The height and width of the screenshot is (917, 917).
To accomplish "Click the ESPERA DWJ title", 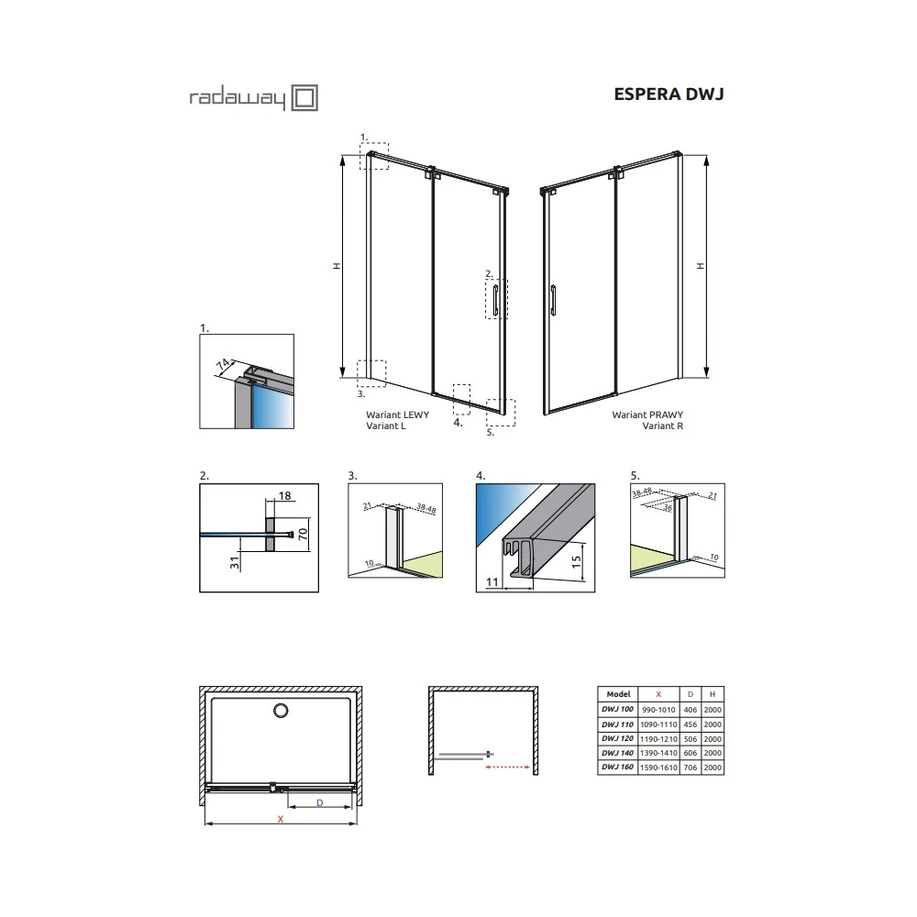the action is (x=668, y=94).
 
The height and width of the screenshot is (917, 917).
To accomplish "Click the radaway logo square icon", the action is (x=304, y=98).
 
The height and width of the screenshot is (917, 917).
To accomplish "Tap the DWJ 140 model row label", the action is (x=617, y=753).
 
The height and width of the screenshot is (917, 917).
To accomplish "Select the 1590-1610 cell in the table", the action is (x=658, y=768).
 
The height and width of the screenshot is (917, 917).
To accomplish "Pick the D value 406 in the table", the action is (x=691, y=710).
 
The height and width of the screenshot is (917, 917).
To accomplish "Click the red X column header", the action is (x=658, y=694).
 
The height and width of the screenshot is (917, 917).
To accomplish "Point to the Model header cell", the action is (x=618, y=694).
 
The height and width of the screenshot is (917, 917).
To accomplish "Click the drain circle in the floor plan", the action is (x=281, y=711).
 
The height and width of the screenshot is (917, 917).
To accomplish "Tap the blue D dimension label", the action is (x=320, y=803).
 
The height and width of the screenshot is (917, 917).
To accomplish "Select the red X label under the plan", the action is (x=281, y=819).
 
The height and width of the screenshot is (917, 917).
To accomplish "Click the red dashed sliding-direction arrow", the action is (x=508, y=768).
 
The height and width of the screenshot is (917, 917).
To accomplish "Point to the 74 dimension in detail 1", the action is (x=223, y=365).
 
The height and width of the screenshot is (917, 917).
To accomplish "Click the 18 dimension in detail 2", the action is (x=285, y=496).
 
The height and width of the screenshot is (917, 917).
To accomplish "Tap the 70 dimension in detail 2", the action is (x=303, y=534).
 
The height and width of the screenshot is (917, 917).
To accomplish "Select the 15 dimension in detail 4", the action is (x=576, y=562).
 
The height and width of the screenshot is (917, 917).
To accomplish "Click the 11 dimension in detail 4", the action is (x=492, y=582).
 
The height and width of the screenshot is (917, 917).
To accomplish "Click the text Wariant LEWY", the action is (x=398, y=414).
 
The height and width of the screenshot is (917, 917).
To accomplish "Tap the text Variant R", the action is (x=663, y=425).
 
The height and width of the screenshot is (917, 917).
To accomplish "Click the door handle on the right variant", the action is (x=553, y=300).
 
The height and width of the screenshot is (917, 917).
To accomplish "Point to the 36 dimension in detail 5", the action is (x=668, y=508).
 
